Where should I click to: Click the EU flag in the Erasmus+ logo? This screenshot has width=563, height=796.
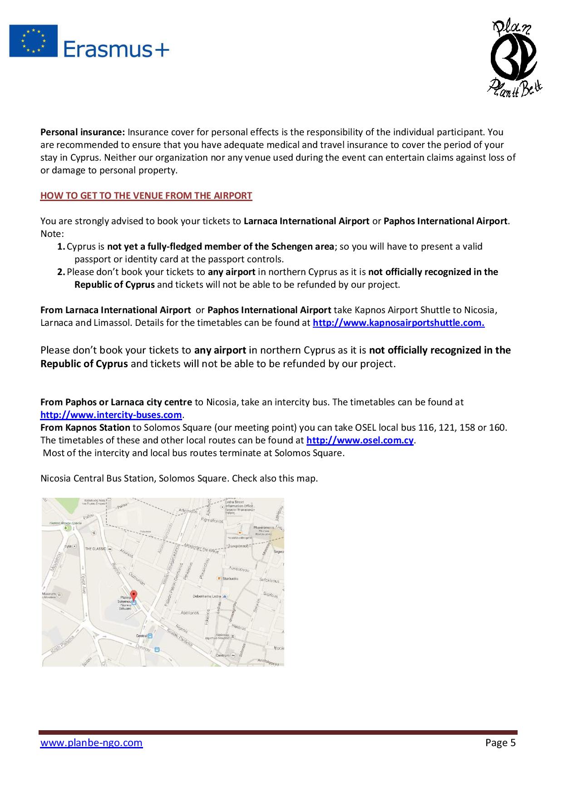click(x=34, y=41)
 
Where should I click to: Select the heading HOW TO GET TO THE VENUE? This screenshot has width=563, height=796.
click(x=146, y=196)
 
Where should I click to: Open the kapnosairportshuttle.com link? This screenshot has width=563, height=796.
click(x=399, y=323)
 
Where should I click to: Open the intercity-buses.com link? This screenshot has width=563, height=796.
click(x=111, y=415)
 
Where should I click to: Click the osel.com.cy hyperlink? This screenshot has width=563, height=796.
click(x=360, y=440)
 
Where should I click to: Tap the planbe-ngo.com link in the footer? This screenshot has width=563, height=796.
click(x=91, y=742)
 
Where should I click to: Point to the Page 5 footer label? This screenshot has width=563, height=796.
click(x=500, y=742)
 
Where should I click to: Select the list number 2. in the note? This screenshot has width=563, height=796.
click(x=61, y=272)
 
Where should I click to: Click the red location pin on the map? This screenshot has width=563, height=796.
click(x=133, y=595)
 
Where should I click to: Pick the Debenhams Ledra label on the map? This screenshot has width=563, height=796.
click(x=207, y=596)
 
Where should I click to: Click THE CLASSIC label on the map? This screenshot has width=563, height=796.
click(x=96, y=548)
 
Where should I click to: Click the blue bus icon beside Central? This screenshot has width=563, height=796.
click(x=150, y=636)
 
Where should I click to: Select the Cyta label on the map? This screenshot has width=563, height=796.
click(x=68, y=546)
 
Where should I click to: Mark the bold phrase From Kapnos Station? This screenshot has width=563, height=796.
click(x=85, y=427)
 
